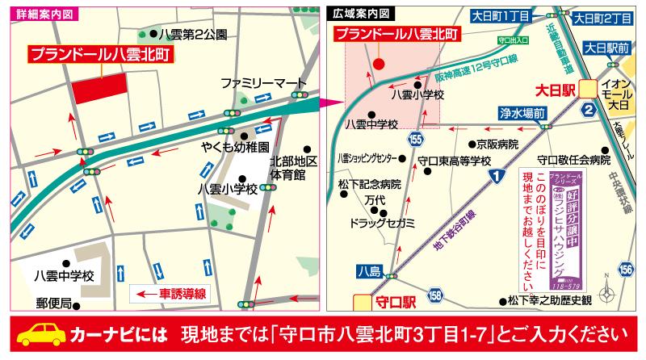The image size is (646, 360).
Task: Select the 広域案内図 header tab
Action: (x=362, y=14)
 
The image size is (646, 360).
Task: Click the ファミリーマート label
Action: (x=264, y=83)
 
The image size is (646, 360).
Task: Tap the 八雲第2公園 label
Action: (x=193, y=34)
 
